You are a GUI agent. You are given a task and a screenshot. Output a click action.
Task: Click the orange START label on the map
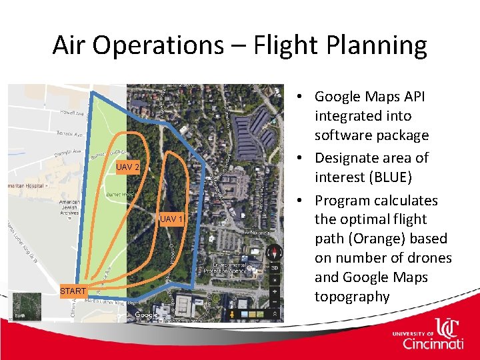(x=73, y=291)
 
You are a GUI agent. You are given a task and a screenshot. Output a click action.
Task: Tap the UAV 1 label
(x=171, y=219)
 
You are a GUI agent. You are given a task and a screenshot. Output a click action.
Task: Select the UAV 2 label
(x=127, y=167)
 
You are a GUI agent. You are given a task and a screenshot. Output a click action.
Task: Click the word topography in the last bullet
(x=352, y=296)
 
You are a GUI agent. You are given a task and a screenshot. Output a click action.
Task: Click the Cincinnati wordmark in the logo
(x=433, y=343)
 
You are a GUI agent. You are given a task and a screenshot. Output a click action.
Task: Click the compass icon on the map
(x=274, y=254)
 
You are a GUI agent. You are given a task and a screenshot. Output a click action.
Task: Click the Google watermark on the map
(x=147, y=315)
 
